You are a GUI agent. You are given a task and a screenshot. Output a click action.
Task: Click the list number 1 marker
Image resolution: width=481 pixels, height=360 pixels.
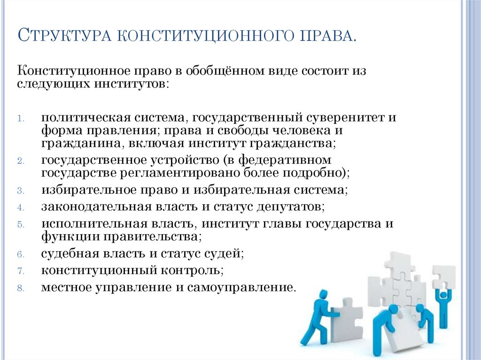tap(21, 118)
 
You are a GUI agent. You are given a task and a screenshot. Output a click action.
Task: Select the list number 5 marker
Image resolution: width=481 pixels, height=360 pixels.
tap(21, 224)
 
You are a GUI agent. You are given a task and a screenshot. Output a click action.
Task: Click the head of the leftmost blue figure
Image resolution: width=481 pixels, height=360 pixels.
tap(322, 295)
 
